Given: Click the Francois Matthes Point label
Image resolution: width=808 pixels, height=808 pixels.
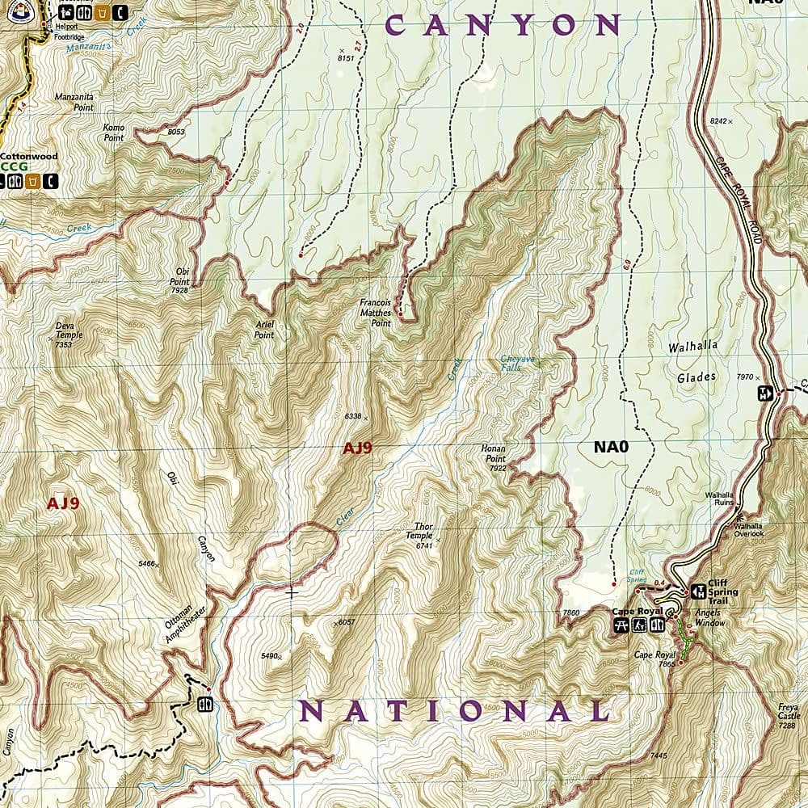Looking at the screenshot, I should [x=375, y=313].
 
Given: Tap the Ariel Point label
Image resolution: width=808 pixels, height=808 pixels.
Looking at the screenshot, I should [x=263, y=329].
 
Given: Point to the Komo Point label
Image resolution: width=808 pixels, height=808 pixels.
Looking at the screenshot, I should [x=114, y=133].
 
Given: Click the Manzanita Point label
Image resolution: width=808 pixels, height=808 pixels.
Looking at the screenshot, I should [x=74, y=102].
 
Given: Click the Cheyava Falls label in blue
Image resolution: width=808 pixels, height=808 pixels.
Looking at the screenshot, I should [x=516, y=363].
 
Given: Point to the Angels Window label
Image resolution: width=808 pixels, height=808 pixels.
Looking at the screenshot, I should [x=709, y=618].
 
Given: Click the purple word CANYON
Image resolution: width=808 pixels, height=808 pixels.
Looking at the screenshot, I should [x=503, y=25].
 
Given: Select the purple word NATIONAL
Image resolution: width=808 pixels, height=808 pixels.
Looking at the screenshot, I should [x=454, y=711].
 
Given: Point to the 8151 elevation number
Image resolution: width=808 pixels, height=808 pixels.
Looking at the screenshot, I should [x=346, y=57].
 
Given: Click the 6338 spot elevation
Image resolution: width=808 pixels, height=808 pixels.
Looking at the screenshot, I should [x=352, y=416].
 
